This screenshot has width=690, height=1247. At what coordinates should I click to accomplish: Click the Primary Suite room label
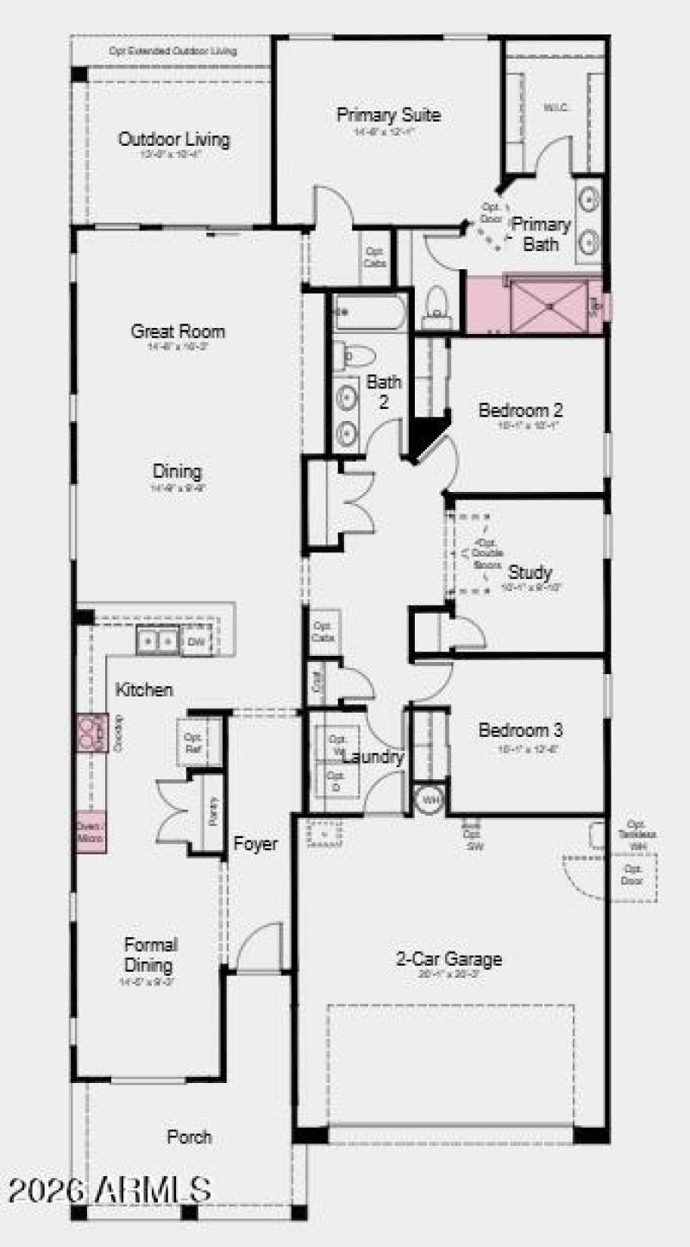click(388, 115)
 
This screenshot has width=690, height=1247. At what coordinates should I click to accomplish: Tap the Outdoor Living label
click(173, 139)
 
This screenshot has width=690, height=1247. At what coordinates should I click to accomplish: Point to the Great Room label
click(178, 331)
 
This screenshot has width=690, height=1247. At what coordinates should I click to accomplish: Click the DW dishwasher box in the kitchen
click(196, 642)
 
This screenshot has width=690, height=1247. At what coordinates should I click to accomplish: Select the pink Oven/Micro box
click(90, 833)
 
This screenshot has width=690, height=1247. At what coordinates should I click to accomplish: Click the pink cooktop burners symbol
click(90, 733)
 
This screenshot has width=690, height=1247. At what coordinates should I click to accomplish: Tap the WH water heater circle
click(429, 800)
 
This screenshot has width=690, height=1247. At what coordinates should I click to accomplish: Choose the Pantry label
click(213, 812)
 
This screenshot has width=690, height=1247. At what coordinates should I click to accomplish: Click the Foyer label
click(255, 844)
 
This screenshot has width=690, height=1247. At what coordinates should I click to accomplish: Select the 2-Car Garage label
click(448, 958)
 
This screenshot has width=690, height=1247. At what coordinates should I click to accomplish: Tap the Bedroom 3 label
click(519, 730)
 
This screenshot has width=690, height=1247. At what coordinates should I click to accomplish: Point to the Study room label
click(530, 571)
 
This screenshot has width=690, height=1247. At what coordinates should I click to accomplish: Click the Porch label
click(189, 1137)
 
